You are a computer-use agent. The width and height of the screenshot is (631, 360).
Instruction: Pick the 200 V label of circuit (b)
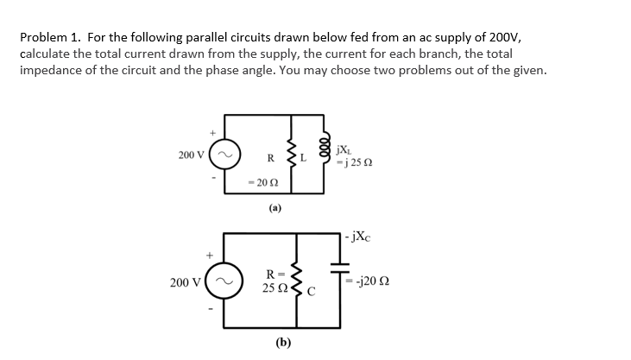tap(187, 282)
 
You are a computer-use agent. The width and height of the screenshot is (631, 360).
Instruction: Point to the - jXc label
tap(361, 234)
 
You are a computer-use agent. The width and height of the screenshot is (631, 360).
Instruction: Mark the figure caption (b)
tap(283, 342)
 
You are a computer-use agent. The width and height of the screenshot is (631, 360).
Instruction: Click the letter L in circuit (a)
tap(308, 158)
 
